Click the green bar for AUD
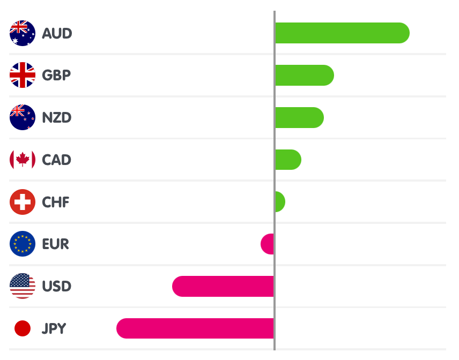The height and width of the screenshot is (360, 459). tap(342, 33)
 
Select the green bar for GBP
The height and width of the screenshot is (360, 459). tap(304, 75)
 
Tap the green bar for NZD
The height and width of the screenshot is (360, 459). tap(299, 117)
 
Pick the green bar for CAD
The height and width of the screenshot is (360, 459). tap(287, 160)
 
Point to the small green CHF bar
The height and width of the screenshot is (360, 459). tap(279, 202)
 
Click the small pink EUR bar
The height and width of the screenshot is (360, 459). tap(268, 244)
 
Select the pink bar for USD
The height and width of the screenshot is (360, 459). tap(223, 287)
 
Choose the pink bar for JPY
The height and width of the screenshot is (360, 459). tap(195, 328)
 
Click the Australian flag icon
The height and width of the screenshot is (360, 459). tap(23, 33)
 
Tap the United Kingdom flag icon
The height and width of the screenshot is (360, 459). tap(23, 75)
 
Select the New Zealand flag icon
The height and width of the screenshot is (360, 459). tap(23, 117)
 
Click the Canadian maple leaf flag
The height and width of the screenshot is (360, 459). tap(23, 160)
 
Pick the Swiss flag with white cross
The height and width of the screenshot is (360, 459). tap(23, 202)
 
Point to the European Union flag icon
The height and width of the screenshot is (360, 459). tap(23, 244)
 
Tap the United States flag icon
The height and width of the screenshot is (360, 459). tap(23, 287)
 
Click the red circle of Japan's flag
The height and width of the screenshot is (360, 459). tap(23, 328)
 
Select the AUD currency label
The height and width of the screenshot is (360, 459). tap(57, 33)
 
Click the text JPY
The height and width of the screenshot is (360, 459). tap(54, 328)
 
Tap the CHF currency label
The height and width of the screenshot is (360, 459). tap(56, 202)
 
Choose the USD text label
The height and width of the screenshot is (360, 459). tap(56, 287)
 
